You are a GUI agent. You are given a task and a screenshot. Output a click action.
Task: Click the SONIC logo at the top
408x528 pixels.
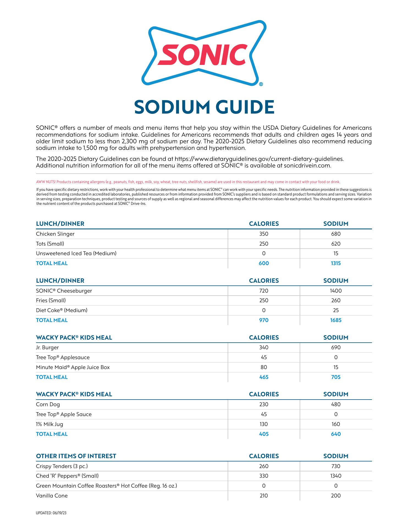click(204, 53)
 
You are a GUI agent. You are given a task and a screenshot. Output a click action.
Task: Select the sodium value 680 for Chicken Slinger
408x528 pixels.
click(336, 234)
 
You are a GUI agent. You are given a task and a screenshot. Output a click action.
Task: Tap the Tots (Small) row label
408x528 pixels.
click(50, 244)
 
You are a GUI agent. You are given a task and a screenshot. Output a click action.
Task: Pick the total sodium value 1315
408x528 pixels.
click(336, 263)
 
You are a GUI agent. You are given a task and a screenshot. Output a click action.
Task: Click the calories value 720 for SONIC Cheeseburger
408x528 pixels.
click(264, 291)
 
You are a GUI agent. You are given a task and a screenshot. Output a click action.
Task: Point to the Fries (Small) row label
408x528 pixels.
click(51, 301)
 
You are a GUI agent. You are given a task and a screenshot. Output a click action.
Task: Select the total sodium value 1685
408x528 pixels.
click(336, 320)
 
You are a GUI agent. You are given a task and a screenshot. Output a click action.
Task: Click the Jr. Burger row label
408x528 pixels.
click(47, 348)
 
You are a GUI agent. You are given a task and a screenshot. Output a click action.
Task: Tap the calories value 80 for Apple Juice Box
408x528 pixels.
click(264, 367)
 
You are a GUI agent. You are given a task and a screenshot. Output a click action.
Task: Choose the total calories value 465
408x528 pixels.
click(264, 377)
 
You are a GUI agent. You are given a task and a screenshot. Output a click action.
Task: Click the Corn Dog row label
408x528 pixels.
click(48, 405)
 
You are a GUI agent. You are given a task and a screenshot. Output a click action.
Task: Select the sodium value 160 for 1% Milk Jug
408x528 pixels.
click(336, 424)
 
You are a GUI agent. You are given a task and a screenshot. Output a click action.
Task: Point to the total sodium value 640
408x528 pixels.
click(336, 434)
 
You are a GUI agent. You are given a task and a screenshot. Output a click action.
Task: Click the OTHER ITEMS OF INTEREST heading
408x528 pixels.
click(76, 456)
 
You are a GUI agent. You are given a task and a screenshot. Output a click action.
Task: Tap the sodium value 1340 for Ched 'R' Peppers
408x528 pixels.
click(336, 476)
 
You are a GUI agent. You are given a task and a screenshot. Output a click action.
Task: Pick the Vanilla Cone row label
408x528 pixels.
click(52, 496)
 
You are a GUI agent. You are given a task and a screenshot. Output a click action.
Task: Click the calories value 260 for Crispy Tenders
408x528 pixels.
click(264, 466)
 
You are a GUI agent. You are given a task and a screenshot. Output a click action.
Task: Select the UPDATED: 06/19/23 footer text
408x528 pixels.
click(51, 513)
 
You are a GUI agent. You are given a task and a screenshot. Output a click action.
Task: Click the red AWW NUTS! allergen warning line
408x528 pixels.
click(188, 182)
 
